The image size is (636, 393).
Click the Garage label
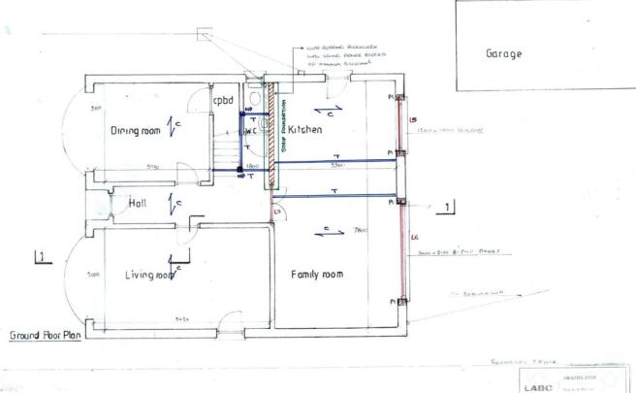504,54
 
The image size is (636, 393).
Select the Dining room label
134,131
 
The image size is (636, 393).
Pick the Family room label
318,276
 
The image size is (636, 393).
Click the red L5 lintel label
413,120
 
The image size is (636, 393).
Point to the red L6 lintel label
414,238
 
